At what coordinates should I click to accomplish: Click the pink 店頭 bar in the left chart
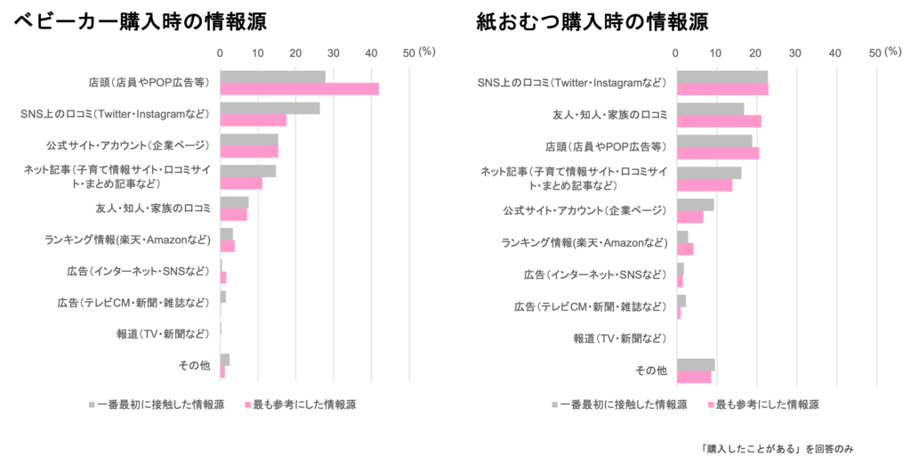[x=300, y=89]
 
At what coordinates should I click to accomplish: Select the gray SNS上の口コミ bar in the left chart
[x=270, y=108]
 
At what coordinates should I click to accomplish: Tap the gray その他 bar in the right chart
[x=697, y=364]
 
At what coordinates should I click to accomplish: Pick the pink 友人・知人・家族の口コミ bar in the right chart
[x=720, y=121]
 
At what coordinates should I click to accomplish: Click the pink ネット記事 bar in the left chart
[x=242, y=184]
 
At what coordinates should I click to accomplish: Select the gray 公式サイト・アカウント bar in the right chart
[x=696, y=205]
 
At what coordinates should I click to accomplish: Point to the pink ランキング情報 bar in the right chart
[x=685, y=249]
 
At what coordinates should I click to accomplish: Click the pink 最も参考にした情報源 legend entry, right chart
[x=762, y=404]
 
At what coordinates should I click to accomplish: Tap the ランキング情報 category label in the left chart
[x=127, y=239]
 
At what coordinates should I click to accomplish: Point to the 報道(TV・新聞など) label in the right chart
[x=619, y=338]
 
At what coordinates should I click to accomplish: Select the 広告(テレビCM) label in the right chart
[x=590, y=306]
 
